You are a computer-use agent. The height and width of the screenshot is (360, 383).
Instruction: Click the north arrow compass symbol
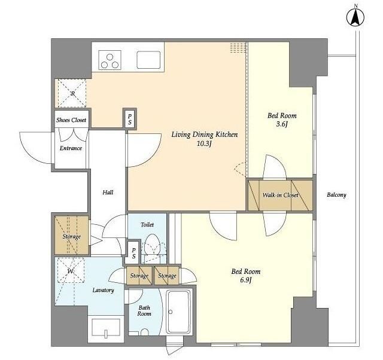355,17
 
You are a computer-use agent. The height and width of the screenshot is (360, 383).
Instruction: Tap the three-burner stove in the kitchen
110,60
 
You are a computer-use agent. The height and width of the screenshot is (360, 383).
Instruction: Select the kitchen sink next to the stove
148,60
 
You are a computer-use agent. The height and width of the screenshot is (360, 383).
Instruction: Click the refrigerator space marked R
72,93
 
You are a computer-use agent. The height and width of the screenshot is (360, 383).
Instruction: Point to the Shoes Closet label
71,120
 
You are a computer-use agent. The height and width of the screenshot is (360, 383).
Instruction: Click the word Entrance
71,148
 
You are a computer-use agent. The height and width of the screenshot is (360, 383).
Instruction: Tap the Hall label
108,193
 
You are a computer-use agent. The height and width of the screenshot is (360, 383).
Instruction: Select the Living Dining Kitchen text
205,135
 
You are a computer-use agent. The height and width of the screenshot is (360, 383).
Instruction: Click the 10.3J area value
204,144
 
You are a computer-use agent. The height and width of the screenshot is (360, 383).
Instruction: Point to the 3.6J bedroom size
282,124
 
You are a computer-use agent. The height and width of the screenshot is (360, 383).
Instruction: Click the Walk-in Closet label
281,195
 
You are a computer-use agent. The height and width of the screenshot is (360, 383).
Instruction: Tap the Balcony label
336,195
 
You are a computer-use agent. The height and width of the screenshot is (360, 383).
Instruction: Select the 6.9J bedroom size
246,280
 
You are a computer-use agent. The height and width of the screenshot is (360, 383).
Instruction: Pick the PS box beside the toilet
133,253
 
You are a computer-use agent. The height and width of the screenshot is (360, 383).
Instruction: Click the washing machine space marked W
71,270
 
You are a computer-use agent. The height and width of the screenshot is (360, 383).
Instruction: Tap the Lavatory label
104,290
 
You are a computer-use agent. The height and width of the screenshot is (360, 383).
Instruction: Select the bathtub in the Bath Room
178,312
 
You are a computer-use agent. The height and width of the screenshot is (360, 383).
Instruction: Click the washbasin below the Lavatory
106,328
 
